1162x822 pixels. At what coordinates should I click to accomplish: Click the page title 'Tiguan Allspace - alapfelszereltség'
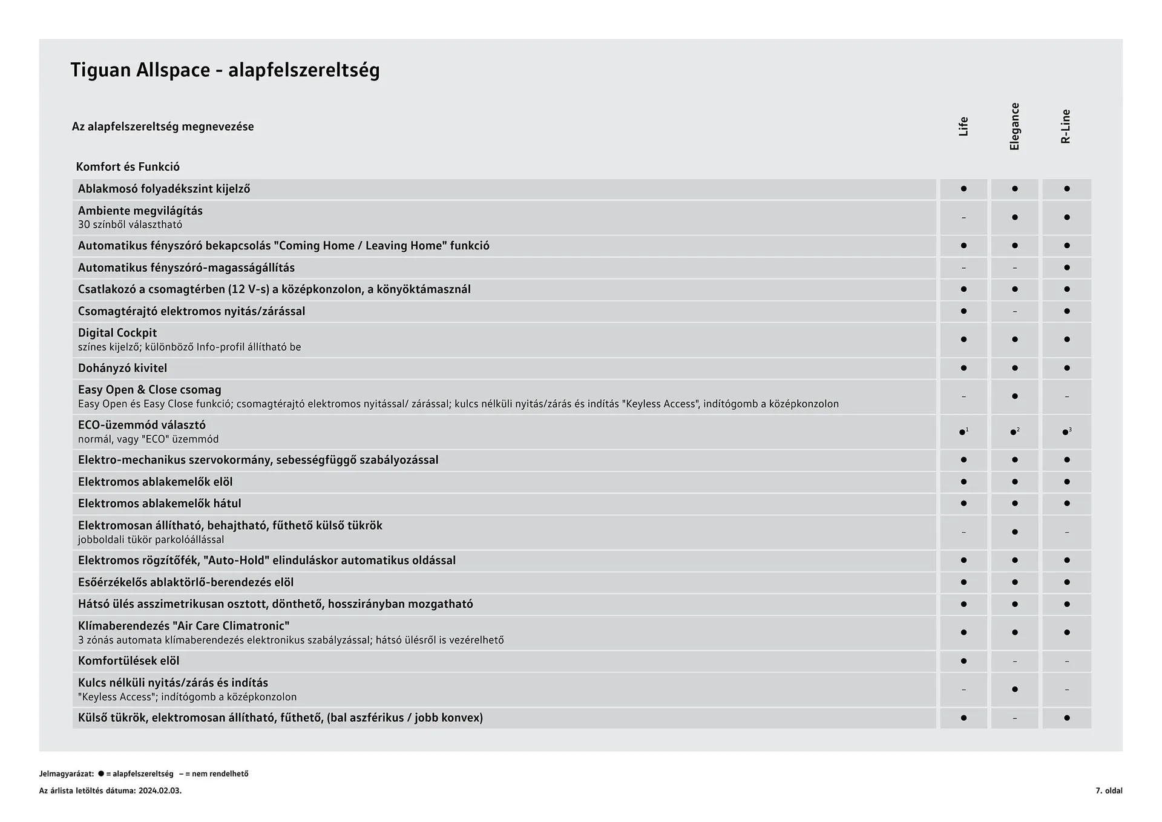(225, 70)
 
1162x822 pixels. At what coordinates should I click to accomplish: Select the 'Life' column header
(963, 127)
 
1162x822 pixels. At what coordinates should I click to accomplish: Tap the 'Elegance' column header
(1015, 127)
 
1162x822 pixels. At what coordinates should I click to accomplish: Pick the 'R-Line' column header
(1066, 127)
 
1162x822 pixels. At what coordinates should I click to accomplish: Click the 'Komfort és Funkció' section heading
(128, 166)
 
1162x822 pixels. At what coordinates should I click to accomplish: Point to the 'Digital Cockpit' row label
(117, 333)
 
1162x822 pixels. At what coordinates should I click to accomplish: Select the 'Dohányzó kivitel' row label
(122, 368)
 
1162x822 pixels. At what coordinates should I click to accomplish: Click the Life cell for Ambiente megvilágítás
(963, 217)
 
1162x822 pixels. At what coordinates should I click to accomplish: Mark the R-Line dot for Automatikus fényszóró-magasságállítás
(1066, 268)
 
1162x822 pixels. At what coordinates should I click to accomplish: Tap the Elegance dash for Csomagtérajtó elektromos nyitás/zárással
(1015, 312)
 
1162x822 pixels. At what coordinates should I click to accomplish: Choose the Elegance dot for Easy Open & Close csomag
(1015, 396)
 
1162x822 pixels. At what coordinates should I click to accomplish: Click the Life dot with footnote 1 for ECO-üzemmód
(963, 432)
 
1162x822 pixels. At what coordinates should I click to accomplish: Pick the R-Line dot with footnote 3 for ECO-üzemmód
(1066, 432)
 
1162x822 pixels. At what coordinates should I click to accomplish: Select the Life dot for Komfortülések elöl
(963, 661)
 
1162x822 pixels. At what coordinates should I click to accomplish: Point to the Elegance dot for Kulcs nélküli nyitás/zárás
(1015, 689)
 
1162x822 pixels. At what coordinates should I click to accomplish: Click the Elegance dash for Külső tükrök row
(1015, 718)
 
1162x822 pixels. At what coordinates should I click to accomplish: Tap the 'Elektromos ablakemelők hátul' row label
(159, 504)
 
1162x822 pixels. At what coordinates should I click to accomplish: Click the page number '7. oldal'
(1109, 791)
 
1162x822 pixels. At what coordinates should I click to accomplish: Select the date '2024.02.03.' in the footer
(160, 791)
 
